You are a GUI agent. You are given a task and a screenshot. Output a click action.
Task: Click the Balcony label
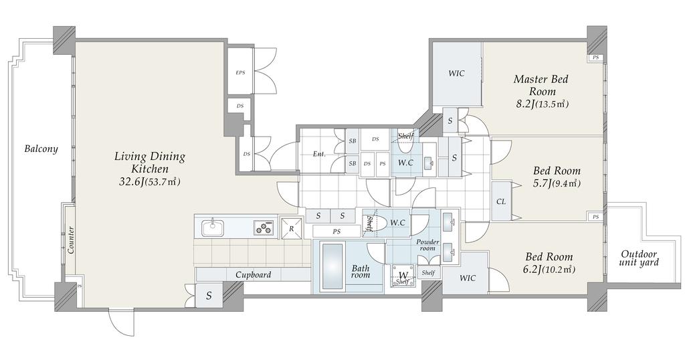(x=41, y=149)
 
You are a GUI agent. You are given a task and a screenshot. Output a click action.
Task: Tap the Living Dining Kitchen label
(x=150, y=162)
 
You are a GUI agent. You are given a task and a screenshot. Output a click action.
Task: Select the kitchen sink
(x=213, y=228)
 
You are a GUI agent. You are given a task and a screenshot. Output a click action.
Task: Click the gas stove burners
(x=264, y=228)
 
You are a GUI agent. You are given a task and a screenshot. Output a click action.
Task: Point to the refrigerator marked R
(x=292, y=228)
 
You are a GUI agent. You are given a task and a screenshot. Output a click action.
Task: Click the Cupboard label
(x=254, y=275)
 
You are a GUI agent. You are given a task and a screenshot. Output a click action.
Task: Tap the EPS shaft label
(x=240, y=72)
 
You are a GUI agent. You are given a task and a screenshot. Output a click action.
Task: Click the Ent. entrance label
(x=319, y=154)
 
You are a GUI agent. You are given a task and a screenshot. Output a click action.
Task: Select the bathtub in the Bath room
(x=332, y=266)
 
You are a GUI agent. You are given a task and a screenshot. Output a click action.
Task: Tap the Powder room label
(x=427, y=245)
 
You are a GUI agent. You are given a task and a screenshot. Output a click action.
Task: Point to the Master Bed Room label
(x=541, y=85)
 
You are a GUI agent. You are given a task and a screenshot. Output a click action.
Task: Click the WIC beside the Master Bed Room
(x=456, y=74)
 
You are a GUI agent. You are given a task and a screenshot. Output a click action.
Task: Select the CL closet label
(x=501, y=202)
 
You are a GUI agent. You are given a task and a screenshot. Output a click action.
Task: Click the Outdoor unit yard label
(x=639, y=258)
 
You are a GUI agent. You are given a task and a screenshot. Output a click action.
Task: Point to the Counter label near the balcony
(x=70, y=240)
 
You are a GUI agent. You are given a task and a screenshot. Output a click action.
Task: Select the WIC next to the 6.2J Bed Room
(x=468, y=278)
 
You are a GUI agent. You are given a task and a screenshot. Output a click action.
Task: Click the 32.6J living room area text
(x=149, y=182)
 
